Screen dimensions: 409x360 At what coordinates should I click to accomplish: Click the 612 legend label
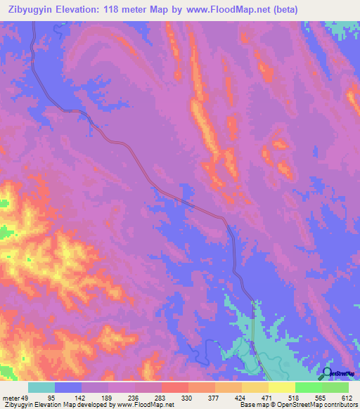pyautogui.click(x=347, y=397)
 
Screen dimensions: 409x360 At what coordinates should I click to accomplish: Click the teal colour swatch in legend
pyautogui.click(x=41, y=387)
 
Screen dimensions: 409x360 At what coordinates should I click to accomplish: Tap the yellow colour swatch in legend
pyautogui.click(x=282, y=387)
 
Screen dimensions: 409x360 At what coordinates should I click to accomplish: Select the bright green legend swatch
pyautogui.click(x=309, y=387)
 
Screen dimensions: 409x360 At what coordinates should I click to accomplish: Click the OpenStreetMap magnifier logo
pyautogui.click(x=327, y=373)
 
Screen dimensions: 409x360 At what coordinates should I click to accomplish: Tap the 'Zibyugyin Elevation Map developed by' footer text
pyautogui.click(x=45, y=405)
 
